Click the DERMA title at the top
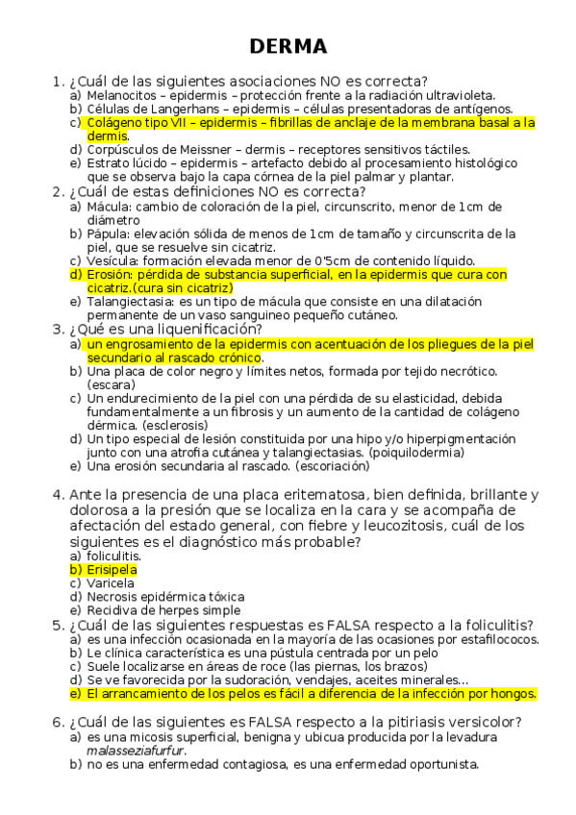point(288,46)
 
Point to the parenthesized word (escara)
point(113,384)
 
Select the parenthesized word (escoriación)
point(323,466)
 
